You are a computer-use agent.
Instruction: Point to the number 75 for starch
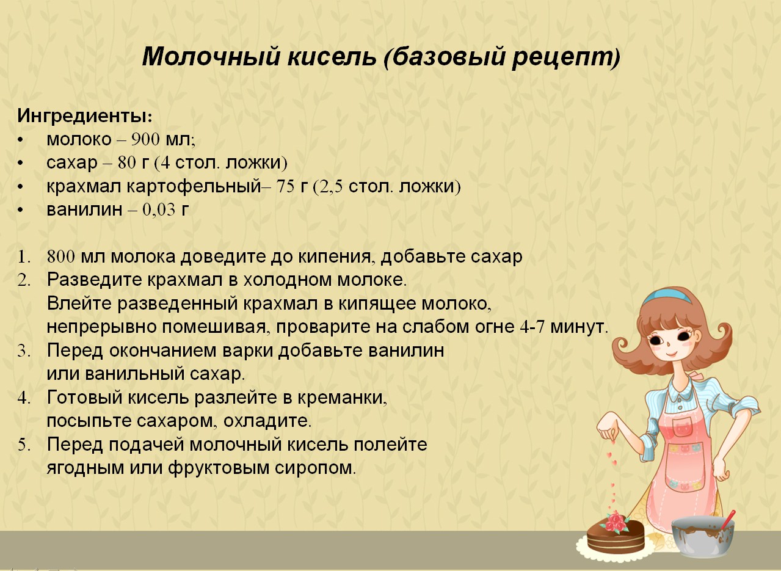coord(285,187)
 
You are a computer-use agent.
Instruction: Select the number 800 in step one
coord(60,257)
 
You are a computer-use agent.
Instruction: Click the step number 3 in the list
coord(23,351)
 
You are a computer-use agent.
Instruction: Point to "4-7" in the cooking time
coord(532,327)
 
